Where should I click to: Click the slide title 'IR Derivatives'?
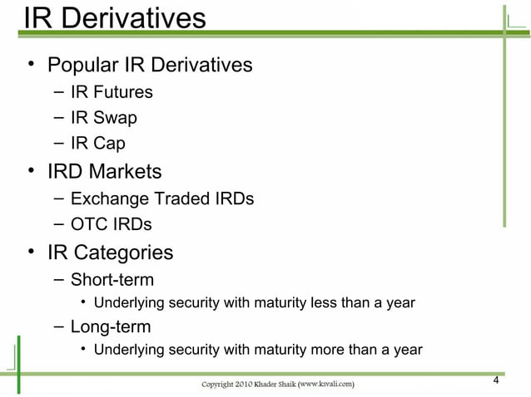pos(115,18)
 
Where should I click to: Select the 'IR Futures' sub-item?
pos(112,92)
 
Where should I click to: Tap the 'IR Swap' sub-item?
pos(104,118)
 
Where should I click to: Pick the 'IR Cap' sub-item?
pos(98,144)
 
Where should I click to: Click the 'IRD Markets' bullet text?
pos(104,172)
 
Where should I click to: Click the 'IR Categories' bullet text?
pos(110,252)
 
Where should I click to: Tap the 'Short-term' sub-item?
pos(112,279)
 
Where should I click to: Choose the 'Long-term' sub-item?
pos(111,326)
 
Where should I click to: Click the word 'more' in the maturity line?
pos(323,349)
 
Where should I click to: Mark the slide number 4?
pos(496,381)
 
